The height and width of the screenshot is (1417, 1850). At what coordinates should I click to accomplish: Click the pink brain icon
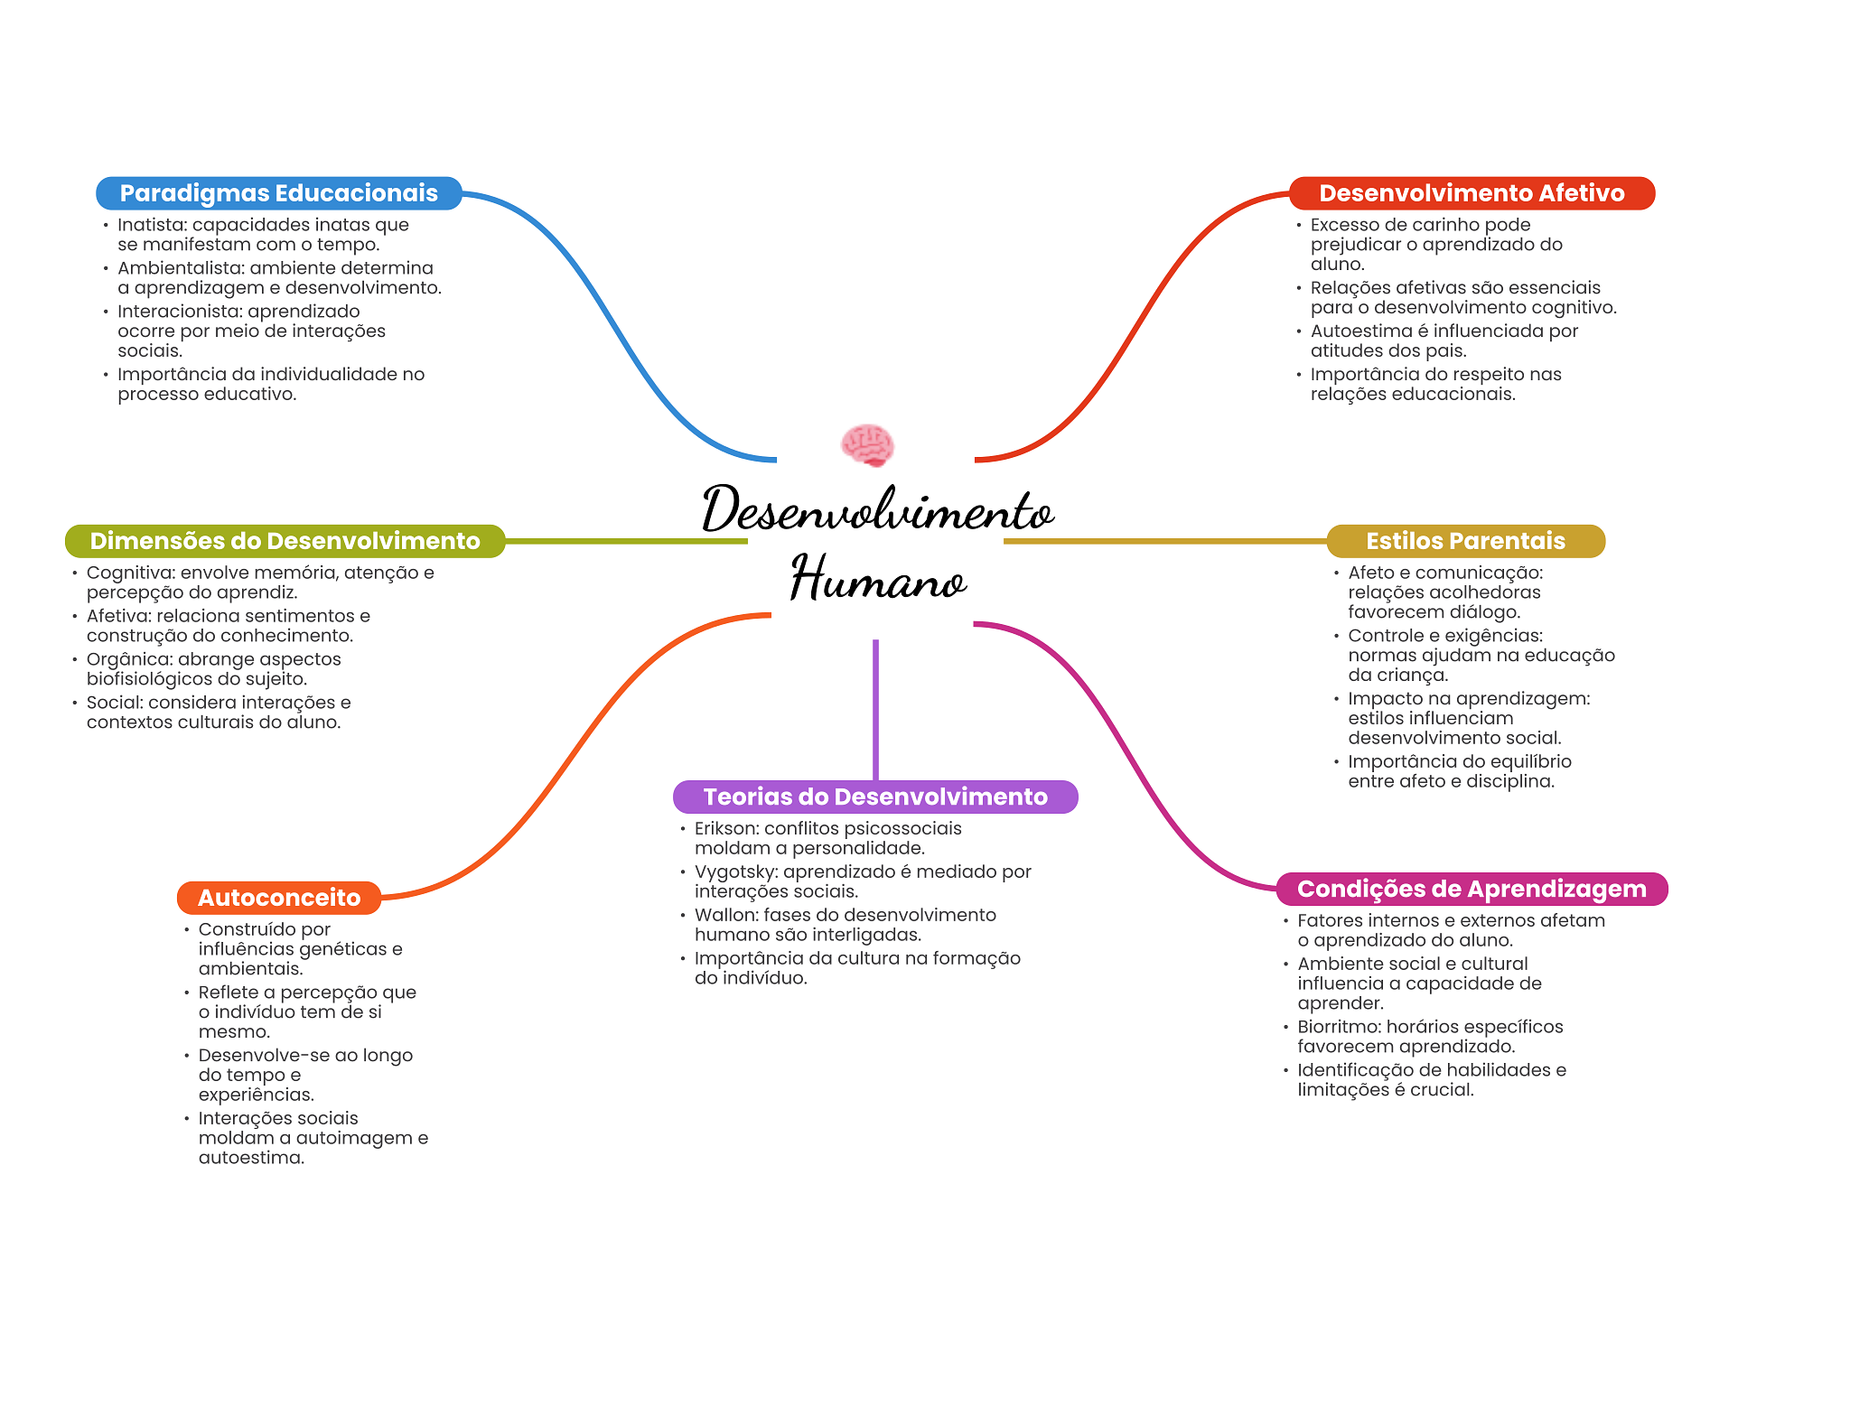867,445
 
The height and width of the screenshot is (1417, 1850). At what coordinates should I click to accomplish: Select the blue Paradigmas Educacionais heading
279,193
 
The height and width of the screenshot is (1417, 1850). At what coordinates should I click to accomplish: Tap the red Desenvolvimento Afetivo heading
1472,193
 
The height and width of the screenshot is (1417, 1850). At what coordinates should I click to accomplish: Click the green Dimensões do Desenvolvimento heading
285,541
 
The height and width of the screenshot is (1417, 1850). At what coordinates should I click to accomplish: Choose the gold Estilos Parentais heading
1465,541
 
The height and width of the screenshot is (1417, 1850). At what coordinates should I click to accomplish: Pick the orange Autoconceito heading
279,898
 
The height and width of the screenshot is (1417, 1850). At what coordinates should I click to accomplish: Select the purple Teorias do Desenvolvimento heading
875,797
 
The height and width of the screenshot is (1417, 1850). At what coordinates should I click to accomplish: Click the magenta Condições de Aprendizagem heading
1472,889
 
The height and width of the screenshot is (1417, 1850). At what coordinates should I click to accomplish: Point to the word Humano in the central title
878,578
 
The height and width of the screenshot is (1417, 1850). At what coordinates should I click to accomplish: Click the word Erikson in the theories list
724,828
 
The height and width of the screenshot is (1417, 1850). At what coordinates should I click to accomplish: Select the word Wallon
724,915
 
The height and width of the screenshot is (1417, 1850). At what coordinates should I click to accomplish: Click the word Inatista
149,225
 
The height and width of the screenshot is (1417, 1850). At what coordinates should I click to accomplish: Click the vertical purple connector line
875,710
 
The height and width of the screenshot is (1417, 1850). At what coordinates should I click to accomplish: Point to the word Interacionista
178,312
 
